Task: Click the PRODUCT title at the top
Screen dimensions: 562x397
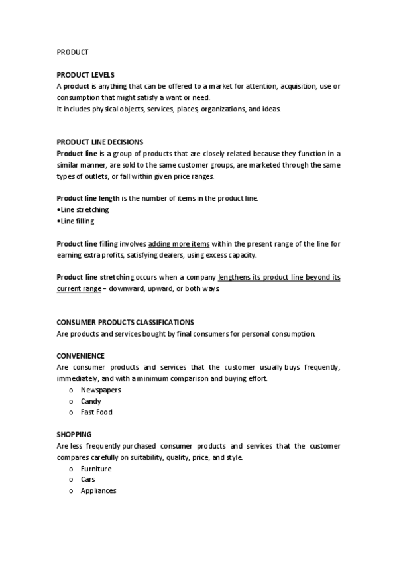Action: [72, 52]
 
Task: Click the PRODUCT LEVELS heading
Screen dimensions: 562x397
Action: [85, 75]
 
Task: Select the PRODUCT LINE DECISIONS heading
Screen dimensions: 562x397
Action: [99, 142]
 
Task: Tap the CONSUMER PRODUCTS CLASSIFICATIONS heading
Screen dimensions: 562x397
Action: [125, 322]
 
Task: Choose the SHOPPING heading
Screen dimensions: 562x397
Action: [74, 435]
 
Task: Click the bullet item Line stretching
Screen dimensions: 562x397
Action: [84, 210]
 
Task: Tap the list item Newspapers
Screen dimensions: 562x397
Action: [101, 390]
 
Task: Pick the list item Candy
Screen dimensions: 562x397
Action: [91, 401]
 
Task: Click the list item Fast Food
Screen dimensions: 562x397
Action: [97, 412]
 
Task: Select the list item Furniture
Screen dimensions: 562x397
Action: [96, 469]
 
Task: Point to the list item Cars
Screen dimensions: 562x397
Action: [88, 480]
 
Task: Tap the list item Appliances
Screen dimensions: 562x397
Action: [99, 491]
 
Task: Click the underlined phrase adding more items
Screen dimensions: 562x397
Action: [179, 244]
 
